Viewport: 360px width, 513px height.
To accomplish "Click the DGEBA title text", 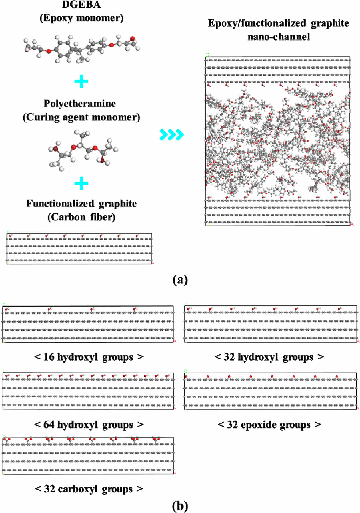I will pyautogui.click(x=81, y=5).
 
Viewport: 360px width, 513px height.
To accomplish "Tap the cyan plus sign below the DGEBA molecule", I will pyautogui.click(x=81, y=81).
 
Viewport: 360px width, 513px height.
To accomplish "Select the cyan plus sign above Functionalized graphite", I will pyautogui.click(x=81, y=183).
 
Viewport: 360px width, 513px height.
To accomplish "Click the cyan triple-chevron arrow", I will pyautogui.click(x=171, y=134).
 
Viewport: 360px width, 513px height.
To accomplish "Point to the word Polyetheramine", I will pyautogui.click(x=80, y=104).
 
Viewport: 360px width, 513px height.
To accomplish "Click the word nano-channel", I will pyautogui.click(x=279, y=37).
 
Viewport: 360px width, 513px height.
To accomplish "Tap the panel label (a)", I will pyautogui.click(x=180, y=279).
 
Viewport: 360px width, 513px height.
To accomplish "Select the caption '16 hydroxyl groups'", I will pyautogui.click(x=89, y=357).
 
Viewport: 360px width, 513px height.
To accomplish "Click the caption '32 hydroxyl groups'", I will pyautogui.click(x=269, y=357).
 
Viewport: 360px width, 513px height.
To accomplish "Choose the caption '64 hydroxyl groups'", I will pyautogui.click(x=89, y=425).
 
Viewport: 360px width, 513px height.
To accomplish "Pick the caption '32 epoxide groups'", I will pyautogui.click(x=269, y=425).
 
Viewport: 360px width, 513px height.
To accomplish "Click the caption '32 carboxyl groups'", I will pyautogui.click(x=89, y=489).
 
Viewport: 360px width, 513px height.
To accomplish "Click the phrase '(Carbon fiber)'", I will pyautogui.click(x=81, y=217).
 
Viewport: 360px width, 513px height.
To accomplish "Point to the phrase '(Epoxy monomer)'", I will pyautogui.click(x=81, y=18).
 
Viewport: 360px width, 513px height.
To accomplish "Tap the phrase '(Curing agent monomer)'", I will pyautogui.click(x=81, y=117).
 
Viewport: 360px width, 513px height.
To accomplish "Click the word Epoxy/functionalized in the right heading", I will pyautogui.click(x=257, y=23).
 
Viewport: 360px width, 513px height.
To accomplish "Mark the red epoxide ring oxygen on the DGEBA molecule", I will pyautogui.click(x=132, y=38).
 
